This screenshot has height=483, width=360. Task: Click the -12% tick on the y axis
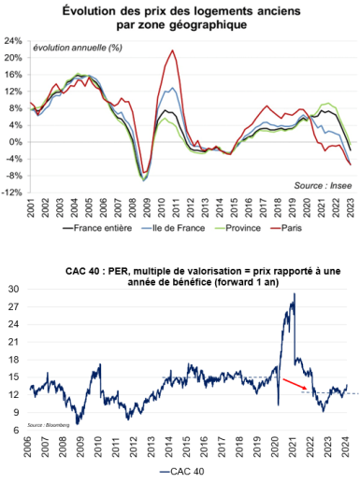pos(13,193)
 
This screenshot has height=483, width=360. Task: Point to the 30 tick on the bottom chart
pos(16,291)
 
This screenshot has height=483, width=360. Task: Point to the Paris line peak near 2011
pos(173,51)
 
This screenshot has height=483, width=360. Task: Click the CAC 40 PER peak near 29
pos(295,295)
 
